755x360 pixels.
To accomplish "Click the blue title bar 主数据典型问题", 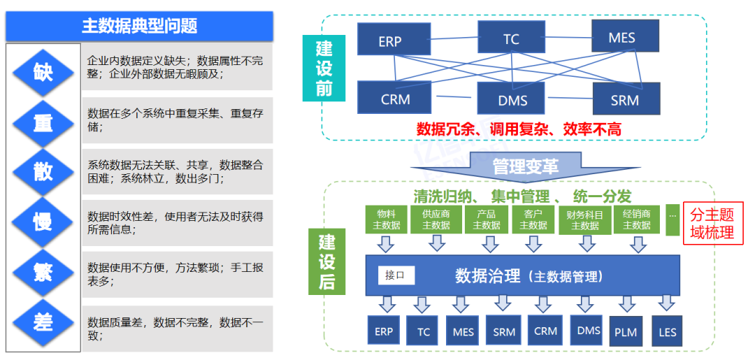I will coord(139,27).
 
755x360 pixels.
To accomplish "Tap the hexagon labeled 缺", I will coord(43,71).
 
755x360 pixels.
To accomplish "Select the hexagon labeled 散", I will coord(43,171).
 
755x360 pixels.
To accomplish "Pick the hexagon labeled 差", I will coord(43,322).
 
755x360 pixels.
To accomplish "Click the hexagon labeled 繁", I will coord(43,272).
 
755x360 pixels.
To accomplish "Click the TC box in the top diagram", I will coord(511,38).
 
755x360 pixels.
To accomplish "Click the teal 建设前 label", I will coord(324,69).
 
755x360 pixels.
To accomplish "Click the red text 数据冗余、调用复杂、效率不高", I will coord(518,129).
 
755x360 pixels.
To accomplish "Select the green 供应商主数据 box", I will coord(436,219).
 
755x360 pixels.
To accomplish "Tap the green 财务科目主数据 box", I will coord(584,219).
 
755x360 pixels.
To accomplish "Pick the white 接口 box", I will coord(396,275).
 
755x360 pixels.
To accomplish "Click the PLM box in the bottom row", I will coord(626,331).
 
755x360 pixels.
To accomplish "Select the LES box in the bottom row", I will coord(667,331).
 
